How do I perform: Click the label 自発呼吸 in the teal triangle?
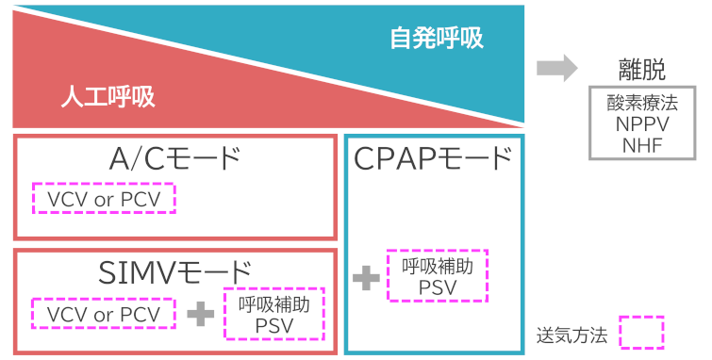pos(437,39)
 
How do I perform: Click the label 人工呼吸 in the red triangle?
pos(108,96)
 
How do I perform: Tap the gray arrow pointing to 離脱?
pos(556,68)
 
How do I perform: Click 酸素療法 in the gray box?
pos(642,102)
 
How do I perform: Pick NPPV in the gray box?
pos(642,123)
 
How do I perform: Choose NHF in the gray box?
pos(642,145)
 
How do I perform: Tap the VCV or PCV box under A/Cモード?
pos(104,199)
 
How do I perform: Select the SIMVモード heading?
pos(175,271)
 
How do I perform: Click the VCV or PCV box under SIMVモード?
pos(104,313)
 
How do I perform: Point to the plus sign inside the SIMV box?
pos(199,314)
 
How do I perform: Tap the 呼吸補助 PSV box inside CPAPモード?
pos(438,276)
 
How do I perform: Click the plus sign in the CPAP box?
pos(365,278)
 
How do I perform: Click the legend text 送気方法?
pos(571,334)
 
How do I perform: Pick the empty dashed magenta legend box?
pos(641,333)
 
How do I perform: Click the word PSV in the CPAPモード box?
pos(438,286)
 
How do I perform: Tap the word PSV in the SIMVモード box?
pos(273,326)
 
